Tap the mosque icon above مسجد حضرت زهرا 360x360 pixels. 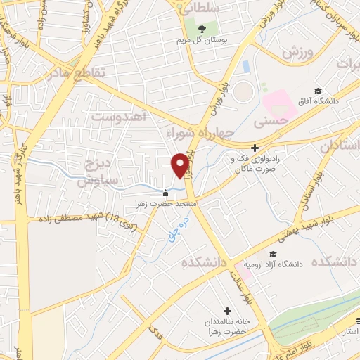click(166, 193)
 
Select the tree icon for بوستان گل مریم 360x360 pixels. click(202, 29)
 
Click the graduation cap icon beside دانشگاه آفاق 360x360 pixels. click(318, 91)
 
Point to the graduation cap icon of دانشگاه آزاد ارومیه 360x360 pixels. click(272, 254)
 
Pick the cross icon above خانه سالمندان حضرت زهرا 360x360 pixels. click(227, 311)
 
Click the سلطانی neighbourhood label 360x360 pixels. click(201, 9)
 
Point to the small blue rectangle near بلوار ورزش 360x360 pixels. click(245, 67)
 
